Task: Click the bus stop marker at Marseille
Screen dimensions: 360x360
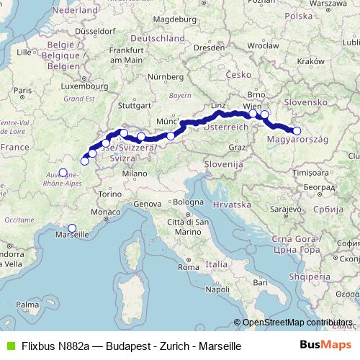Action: tap(71, 228)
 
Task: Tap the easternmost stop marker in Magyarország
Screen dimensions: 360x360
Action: tap(297, 130)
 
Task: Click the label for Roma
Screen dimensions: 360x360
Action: tap(187, 268)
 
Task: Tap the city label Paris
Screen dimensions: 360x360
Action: tap(23, 91)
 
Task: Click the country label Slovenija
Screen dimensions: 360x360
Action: tap(222, 165)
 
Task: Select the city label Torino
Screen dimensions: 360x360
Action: tap(111, 194)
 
